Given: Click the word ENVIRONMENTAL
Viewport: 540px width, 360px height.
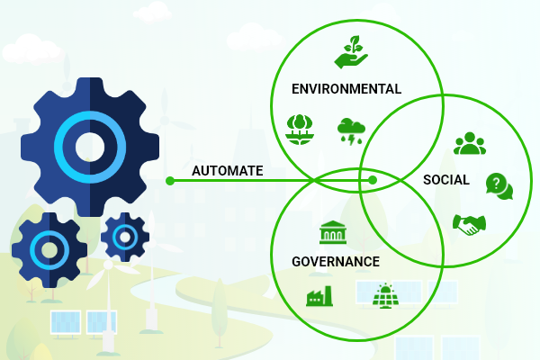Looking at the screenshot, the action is click(346, 89).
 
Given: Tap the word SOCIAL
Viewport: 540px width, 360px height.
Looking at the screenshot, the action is click(446, 180).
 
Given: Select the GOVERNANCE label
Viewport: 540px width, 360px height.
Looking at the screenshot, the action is click(336, 262).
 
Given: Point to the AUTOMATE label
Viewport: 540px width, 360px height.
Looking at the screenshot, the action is click(228, 171).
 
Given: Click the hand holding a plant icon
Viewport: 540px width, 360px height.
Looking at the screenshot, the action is click(351, 52).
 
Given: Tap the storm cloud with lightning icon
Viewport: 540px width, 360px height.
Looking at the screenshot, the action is click(351, 131).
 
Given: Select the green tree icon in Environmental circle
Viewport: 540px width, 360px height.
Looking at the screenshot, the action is click(300, 130).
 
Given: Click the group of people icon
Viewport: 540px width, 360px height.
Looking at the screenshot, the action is click(470, 143).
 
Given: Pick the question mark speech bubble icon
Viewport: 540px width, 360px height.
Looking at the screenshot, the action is click(499, 186).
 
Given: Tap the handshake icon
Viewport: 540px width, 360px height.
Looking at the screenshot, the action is click(469, 225).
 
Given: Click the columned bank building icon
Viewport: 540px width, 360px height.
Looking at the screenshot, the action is click(333, 232).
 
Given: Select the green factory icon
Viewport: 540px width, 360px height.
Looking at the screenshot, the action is click(319, 296).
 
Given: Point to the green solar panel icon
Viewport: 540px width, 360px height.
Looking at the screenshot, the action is click(386, 295).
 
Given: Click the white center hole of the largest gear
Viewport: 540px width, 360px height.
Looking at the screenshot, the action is click(90, 147).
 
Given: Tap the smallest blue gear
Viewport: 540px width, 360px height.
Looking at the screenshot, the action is click(125, 237).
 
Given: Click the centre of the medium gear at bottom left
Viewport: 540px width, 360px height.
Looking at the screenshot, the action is click(49, 250).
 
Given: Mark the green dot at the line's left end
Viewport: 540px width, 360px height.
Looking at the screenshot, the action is click(170, 181).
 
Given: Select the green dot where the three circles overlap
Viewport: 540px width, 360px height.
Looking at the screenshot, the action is click(373, 180).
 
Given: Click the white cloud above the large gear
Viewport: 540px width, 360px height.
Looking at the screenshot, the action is click(31, 50).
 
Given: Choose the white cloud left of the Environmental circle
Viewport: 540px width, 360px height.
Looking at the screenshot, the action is click(253, 37).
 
